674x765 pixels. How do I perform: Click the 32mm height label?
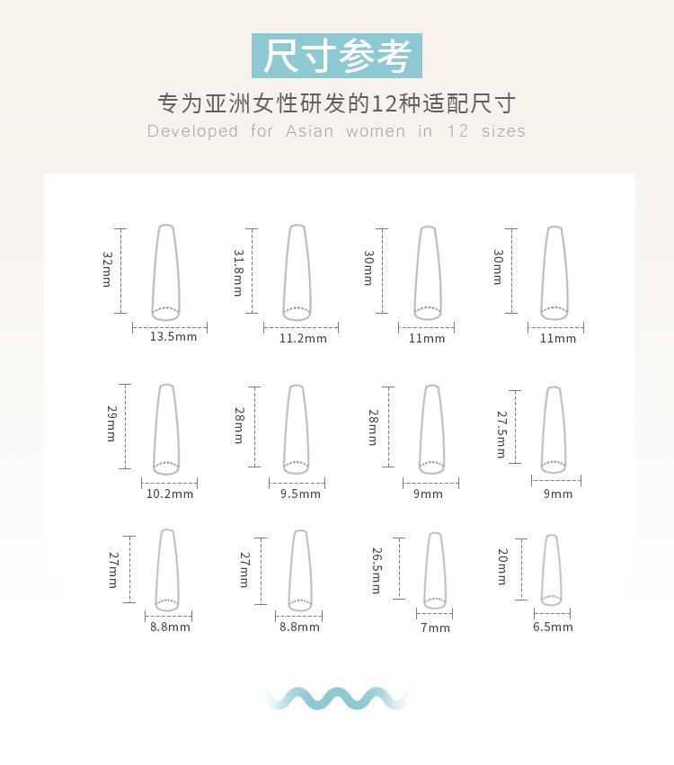point(107,269)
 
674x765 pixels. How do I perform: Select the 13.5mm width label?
point(173,337)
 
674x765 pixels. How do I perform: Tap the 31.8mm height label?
point(238,273)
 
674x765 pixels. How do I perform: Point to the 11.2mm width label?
point(303,339)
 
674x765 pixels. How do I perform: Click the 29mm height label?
point(111,423)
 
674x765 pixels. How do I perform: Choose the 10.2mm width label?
point(169,494)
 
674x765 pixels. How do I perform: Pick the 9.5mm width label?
point(300,494)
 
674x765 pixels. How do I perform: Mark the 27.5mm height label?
point(501,434)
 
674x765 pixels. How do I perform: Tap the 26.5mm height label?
point(376,571)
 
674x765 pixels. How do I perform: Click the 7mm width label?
point(435,627)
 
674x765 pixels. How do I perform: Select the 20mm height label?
point(501,567)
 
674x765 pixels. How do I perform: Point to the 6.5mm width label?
point(553,627)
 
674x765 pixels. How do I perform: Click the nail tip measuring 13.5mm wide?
point(165,271)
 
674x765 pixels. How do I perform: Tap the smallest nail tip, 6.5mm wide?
point(552,570)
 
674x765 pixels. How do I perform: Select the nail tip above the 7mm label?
point(435,570)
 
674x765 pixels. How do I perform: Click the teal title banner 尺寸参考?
point(337,56)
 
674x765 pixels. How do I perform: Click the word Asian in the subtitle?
point(309,131)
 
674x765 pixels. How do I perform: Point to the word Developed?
point(192,131)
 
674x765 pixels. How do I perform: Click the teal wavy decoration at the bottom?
point(337,698)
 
